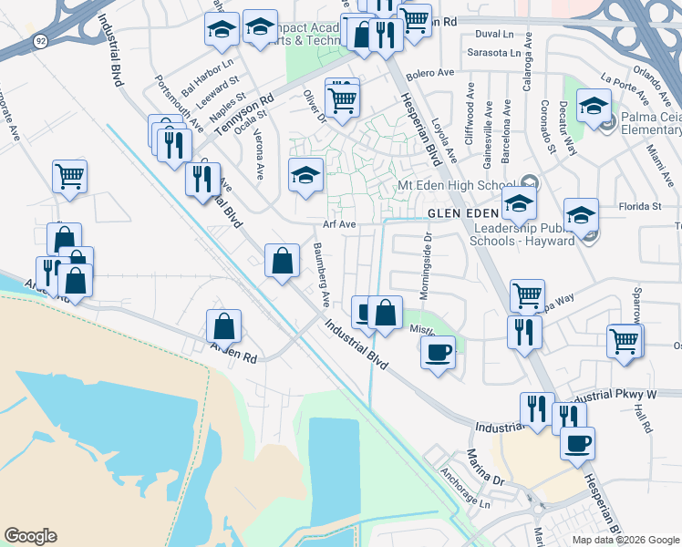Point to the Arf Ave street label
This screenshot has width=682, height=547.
[337, 223]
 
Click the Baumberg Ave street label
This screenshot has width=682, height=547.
[321, 273]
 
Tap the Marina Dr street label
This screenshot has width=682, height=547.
[485, 467]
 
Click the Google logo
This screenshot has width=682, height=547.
[30, 536]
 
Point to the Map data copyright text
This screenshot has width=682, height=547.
[625, 540]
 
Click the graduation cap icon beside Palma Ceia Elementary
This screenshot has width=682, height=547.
[594, 108]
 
